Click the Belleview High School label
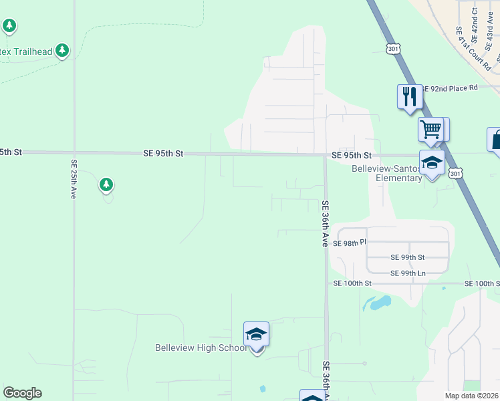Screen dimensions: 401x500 pos(201,348)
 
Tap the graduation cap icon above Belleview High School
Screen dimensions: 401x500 pos(256,333)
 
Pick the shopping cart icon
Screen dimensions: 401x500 pos(431,128)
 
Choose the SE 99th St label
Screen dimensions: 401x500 pos(408,257)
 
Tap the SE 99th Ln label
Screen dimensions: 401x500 pos(408,273)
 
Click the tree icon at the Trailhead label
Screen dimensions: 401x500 pos(62,50)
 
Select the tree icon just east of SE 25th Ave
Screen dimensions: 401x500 pos(105,184)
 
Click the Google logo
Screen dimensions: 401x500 pos(22,393)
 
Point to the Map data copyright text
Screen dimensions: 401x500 pos(472,396)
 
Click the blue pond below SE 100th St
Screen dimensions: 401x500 pos(378,304)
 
